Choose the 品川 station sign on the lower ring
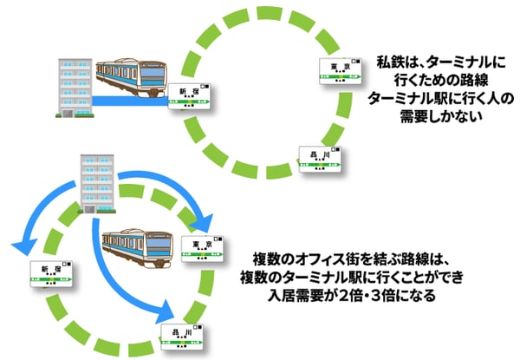(182, 335)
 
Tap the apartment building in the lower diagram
(96, 181)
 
